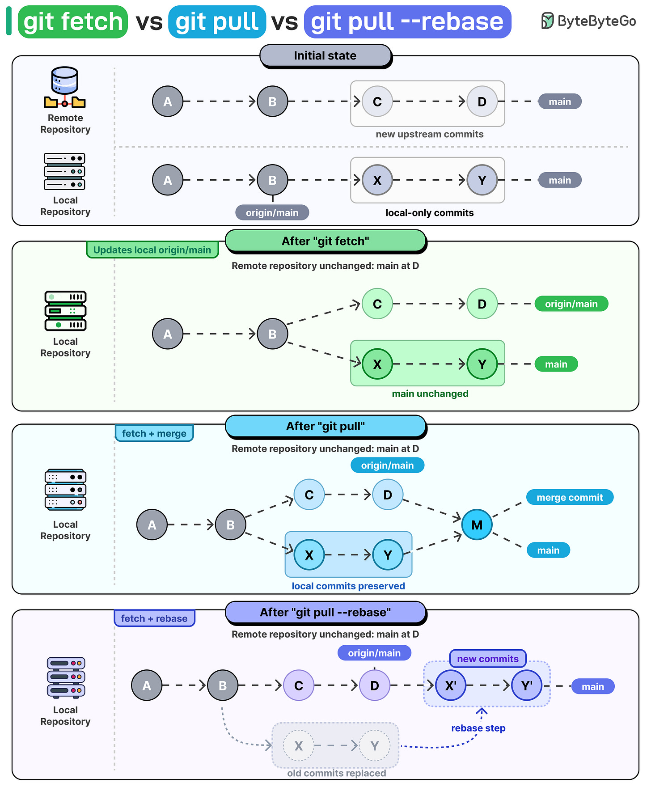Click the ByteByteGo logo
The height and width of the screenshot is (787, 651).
point(588,21)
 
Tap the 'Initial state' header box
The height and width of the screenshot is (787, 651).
point(325,56)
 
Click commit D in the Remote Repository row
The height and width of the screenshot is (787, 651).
point(482,102)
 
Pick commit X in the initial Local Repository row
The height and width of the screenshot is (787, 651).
point(377,180)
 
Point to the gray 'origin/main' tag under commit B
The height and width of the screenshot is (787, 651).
point(272,212)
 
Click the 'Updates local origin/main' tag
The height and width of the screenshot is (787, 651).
point(152,250)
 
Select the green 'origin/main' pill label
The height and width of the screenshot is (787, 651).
point(571,304)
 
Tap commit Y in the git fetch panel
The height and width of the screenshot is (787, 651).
point(482,364)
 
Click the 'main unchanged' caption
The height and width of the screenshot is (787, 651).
point(430,393)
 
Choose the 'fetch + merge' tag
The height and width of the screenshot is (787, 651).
point(154,433)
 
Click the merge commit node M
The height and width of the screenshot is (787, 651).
point(477,525)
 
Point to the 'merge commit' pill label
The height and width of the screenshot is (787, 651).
point(570,497)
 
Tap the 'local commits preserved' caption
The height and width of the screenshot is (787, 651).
point(348,586)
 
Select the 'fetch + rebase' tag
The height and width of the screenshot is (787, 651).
point(154,618)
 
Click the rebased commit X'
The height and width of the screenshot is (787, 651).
point(451,685)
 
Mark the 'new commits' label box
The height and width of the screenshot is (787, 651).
point(488,659)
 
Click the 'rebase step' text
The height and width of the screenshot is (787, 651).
point(478,728)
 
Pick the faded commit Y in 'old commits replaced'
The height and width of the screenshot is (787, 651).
point(375,745)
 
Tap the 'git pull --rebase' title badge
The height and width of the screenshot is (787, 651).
point(407,22)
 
